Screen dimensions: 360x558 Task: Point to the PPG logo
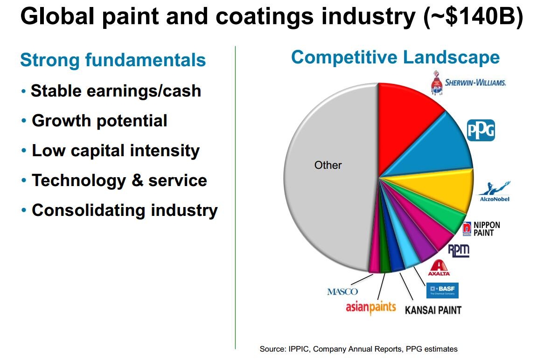[481, 130]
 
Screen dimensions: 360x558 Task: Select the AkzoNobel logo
[495, 192]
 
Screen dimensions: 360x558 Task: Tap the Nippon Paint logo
[481, 228]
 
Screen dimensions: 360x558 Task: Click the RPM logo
[458, 250]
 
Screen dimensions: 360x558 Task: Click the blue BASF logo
[443, 290]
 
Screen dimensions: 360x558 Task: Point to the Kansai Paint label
[433, 310]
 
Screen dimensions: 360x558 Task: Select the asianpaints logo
[370, 307]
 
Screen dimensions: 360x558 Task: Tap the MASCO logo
[342, 292]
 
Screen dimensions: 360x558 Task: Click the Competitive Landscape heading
[395, 57]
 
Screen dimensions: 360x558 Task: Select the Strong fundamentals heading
[113, 60]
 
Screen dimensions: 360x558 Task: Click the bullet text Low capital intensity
[115, 151]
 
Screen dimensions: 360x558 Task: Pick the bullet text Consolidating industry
[125, 210]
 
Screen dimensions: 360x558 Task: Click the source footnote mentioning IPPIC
[358, 349]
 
